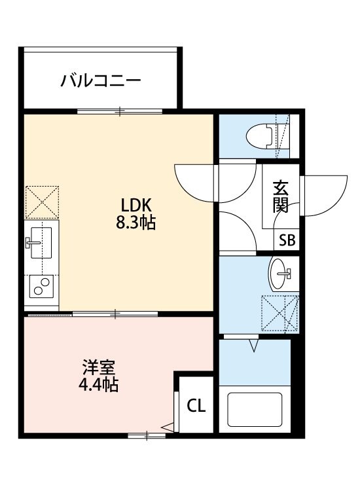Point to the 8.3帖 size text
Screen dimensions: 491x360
135,223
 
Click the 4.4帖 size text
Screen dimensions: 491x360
99,385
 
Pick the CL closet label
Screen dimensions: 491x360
196,406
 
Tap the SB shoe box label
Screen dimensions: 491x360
287,240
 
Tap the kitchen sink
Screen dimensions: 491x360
41,243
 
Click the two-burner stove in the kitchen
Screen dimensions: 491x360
41,287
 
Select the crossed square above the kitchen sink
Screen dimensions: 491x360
41,202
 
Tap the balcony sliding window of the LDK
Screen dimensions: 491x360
120,111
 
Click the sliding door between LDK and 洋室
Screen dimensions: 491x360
115,314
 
